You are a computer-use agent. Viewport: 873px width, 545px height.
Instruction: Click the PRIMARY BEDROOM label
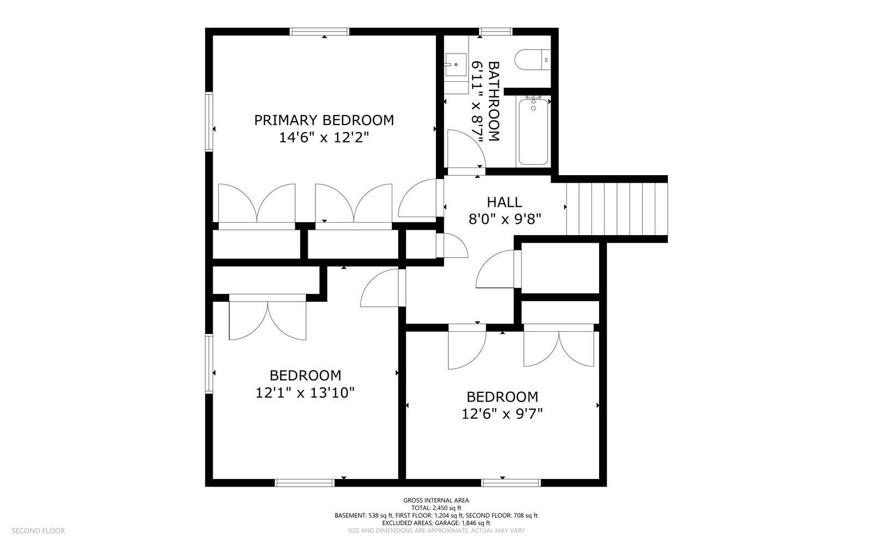[324, 120]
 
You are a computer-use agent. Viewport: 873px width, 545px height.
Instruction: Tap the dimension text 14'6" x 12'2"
[324, 137]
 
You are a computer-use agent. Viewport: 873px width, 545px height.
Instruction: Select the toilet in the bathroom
[532, 59]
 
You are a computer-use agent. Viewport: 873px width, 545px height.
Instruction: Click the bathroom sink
[456, 66]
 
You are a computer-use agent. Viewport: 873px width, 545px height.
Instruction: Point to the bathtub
[533, 131]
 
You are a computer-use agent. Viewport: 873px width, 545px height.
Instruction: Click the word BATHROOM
[493, 101]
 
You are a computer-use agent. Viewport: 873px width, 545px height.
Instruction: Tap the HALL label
[504, 202]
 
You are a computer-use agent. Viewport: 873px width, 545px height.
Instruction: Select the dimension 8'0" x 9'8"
[504, 219]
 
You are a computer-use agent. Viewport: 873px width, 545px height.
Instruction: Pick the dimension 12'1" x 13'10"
[305, 392]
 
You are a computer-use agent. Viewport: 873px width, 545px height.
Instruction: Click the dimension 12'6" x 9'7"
[502, 414]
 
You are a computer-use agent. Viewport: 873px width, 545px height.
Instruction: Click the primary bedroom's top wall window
[319, 32]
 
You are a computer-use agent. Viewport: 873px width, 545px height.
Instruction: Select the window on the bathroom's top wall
[495, 32]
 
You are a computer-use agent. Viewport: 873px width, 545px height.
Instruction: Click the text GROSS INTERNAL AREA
[436, 500]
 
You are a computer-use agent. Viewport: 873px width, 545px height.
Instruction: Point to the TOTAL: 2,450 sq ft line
[436, 508]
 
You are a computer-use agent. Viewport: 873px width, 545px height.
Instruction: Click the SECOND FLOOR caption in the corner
[38, 530]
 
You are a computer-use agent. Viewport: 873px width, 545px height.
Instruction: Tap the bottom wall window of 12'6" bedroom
[511, 483]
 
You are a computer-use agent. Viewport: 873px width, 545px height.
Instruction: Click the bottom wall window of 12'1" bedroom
[304, 483]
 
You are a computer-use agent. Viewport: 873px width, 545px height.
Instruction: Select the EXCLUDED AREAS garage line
[436, 523]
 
